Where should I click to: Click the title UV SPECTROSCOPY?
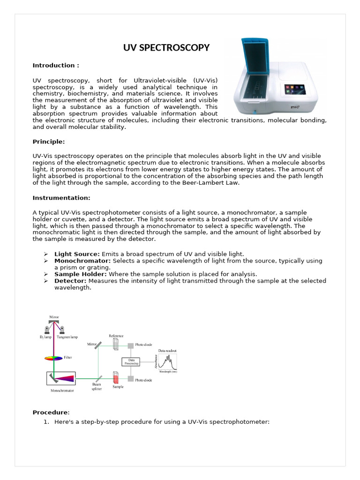click(166, 48)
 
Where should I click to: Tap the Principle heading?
click(49, 141)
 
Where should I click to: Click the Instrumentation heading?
click(61, 197)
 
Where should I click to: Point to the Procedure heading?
click(51, 412)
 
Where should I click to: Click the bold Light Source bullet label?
click(77, 254)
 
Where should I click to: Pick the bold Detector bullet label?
click(70, 281)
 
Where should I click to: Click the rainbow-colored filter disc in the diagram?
click(53, 358)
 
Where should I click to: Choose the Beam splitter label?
click(97, 386)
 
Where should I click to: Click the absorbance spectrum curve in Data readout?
click(168, 361)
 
